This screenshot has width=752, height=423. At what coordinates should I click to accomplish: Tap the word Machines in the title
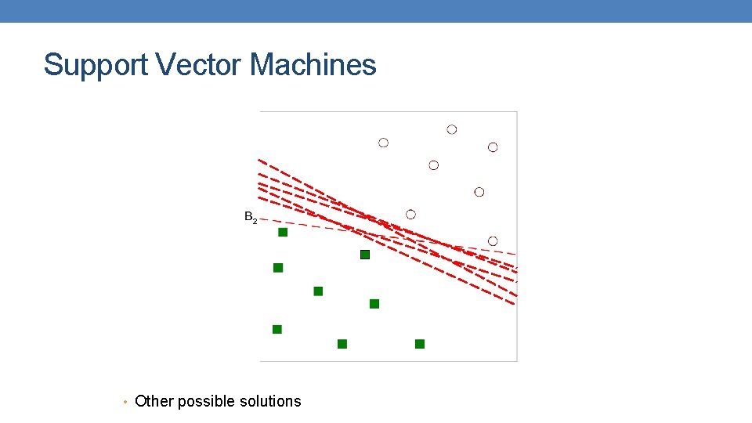[313, 65]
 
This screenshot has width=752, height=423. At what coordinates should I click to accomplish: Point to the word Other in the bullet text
[154, 401]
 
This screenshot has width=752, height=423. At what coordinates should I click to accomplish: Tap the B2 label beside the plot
[250, 217]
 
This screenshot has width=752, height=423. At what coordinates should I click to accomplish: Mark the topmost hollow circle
[452, 129]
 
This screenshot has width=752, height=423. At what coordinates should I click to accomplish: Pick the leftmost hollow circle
[383, 143]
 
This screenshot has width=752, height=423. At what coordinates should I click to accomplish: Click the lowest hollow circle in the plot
[493, 240]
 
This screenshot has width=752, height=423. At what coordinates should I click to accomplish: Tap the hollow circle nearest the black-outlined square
[410, 214]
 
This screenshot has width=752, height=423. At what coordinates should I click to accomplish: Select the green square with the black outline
[364, 255]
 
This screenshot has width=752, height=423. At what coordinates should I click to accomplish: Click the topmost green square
[283, 232]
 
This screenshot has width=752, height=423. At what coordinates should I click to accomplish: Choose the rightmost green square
[420, 344]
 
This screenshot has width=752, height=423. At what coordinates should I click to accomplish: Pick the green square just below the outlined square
[374, 303]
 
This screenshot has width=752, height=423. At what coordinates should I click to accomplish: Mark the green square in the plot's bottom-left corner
[277, 329]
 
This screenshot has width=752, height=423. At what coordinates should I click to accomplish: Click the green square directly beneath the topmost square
[278, 268]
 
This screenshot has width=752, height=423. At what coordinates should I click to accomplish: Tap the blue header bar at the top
[376, 11]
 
